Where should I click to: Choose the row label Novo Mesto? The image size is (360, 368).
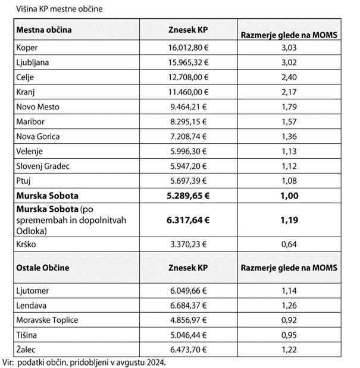click(38, 107)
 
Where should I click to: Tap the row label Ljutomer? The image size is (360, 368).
click(33, 291)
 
